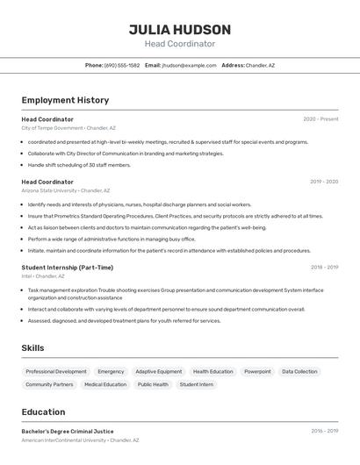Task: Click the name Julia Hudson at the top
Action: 180,30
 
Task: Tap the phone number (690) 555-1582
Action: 122,65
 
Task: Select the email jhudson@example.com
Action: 189,65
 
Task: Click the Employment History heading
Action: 65,100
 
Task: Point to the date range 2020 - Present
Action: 320,118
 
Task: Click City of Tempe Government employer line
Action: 68,128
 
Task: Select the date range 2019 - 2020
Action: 324,182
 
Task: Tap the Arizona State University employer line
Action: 66,190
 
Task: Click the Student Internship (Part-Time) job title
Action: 68,268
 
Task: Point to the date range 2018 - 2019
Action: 324,267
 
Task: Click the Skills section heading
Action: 32,348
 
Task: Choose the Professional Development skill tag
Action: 56,371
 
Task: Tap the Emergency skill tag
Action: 111,371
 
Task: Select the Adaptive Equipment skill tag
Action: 159,371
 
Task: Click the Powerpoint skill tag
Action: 257,371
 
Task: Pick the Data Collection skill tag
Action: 299,371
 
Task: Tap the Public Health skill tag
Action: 153,384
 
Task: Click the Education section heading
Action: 43,411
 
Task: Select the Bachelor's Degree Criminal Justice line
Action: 68,431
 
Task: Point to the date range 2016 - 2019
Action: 324,431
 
